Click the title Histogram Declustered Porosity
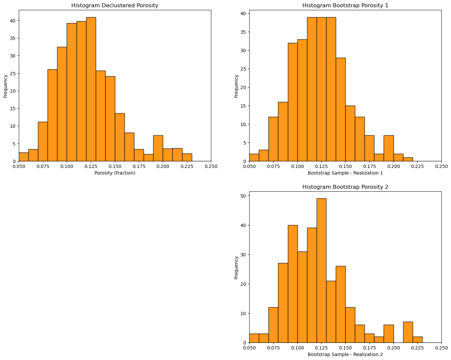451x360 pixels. click(x=115, y=6)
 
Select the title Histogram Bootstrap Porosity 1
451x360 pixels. click(x=345, y=6)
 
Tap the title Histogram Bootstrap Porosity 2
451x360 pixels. click(x=345, y=187)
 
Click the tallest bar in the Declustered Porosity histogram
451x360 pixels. click(x=91, y=89)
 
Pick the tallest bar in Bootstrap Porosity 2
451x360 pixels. click(x=321, y=270)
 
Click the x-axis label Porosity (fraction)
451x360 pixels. click(x=115, y=173)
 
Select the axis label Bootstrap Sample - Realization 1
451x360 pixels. click(x=345, y=173)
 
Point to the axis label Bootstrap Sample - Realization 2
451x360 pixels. click(x=345, y=354)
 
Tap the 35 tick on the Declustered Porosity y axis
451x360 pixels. click(x=13, y=38)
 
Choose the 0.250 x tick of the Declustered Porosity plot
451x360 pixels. click(x=211, y=166)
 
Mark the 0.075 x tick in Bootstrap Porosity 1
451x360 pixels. click(x=273, y=166)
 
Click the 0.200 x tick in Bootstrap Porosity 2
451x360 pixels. click(x=393, y=348)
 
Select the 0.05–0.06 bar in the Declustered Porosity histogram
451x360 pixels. click(x=24, y=157)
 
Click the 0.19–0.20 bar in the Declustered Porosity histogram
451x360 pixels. click(x=158, y=148)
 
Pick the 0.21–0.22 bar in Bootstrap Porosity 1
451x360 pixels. click(x=408, y=159)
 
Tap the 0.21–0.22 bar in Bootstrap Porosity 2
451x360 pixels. click(x=408, y=332)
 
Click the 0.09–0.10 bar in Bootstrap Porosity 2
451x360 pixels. click(x=293, y=284)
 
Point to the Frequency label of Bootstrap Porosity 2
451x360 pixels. click(x=236, y=267)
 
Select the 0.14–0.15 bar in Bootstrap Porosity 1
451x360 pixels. click(x=340, y=110)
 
